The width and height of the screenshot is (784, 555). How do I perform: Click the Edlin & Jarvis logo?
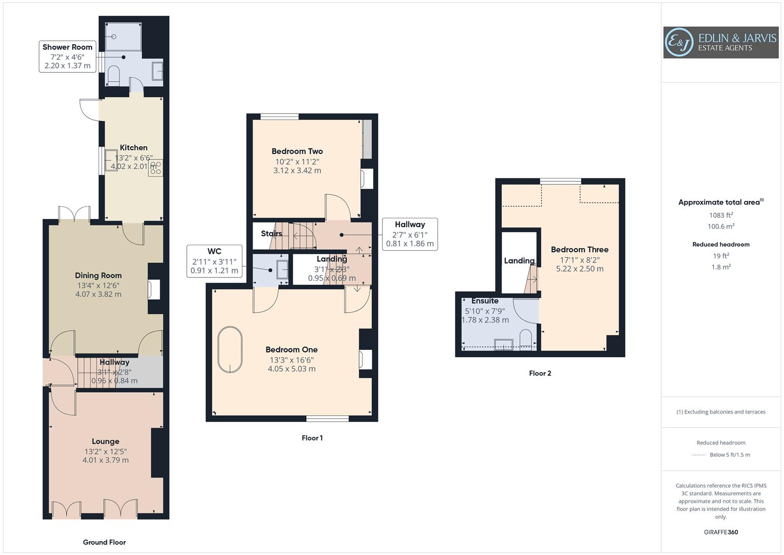pos(720,43)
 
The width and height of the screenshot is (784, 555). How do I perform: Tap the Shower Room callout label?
pos(67,57)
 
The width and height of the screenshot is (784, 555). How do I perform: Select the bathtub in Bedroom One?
pos(230,349)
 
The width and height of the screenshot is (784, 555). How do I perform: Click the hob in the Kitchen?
pos(156,168)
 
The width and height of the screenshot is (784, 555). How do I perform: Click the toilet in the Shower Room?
pos(114,75)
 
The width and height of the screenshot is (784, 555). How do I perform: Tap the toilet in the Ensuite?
pos(525,340)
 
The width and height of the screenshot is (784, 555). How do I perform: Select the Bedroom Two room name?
pos(297,151)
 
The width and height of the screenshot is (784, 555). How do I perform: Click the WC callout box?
pos(214,261)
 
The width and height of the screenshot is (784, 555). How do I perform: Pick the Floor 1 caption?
pos(312,438)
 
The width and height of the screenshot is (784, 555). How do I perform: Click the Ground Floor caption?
pos(104,542)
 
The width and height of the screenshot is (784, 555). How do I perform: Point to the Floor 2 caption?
pos(540,373)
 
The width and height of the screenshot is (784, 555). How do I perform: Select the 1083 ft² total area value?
pos(721,215)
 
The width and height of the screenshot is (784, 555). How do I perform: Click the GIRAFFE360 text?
pos(721,532)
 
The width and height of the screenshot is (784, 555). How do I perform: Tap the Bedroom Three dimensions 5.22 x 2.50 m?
pos(580,269)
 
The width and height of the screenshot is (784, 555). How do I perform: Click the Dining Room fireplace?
pos(154,289)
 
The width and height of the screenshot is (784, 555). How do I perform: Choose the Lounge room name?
pos(105,441)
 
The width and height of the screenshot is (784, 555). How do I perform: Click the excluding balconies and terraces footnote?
pos(721,412)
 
